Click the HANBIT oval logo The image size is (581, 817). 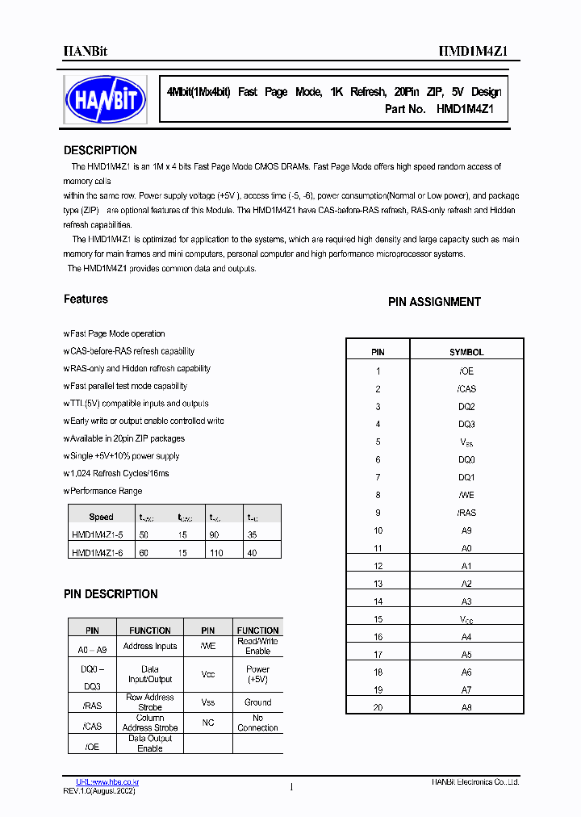105,99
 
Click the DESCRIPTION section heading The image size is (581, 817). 100,150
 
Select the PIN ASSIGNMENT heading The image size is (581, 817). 434,302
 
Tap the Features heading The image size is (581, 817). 86,300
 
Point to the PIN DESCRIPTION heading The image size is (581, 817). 111,594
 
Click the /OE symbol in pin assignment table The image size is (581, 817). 466,371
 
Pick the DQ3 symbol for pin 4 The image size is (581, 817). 466,425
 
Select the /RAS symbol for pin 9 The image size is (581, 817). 466,513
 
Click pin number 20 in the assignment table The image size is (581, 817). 378,707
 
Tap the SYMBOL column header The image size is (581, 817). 466,353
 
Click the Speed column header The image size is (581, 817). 101,517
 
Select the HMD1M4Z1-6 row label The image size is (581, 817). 96,552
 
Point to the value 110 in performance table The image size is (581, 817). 215,552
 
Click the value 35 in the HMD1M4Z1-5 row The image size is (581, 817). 253,534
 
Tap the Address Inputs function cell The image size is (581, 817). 150,647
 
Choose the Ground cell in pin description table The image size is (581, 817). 257,702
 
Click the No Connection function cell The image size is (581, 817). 257,723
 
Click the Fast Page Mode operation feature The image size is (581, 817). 116,333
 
